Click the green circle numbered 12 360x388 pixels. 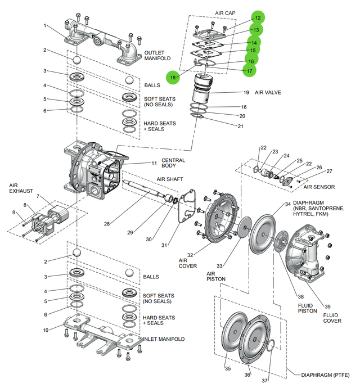(x=258, y=18)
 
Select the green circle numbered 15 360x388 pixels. (x=254, y=51)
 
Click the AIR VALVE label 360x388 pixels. (x=268, y=92)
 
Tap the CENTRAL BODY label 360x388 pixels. (x=173, y=164)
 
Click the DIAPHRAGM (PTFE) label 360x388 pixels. (x=325, y=373)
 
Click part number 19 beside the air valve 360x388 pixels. (x=246, y=92)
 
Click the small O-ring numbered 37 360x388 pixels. (x=271, y=344)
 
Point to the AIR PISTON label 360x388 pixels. (x=217, y=276)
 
